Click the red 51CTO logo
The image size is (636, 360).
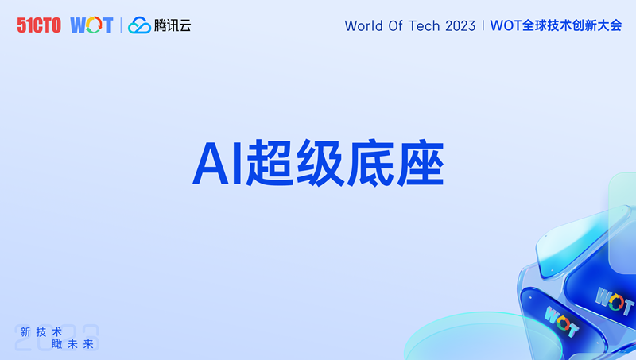pos(39,25)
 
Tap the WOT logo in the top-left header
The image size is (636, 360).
pos(91,25)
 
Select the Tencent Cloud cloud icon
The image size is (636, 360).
pos(140,25)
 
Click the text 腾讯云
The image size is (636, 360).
pos(173,25)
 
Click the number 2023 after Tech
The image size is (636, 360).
pos(460,26)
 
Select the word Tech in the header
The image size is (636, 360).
pos(424,26)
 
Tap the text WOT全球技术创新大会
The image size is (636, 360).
pos(556,25)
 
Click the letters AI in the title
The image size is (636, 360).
pos(217,164)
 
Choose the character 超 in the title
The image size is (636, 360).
pos(270,163)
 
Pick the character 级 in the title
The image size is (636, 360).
pos(320,163)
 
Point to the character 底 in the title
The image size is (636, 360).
pos(370,163)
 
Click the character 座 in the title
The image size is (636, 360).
pos(421,163)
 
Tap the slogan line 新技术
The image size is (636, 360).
pos(41,332)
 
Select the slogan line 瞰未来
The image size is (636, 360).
pos(73,344)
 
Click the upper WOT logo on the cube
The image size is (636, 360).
pos(614,300)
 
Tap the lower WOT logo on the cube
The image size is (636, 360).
pos(561,322)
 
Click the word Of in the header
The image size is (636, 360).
pos(395,26)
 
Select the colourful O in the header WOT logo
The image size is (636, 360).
pos(93,25)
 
